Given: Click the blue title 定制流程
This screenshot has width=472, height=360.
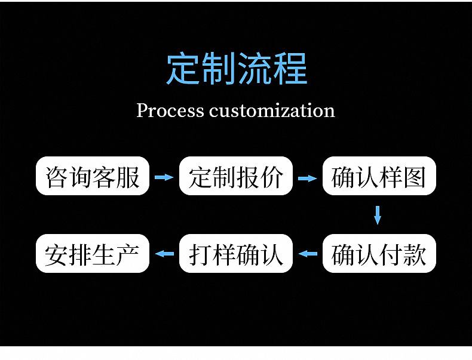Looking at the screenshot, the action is point(237,68).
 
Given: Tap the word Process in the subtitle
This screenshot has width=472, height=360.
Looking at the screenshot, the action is point(170,110).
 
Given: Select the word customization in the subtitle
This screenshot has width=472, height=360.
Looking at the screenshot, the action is point(272,110).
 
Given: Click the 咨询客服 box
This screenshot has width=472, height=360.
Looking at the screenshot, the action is point(93,176).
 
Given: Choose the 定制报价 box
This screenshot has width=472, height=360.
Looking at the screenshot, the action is point(235,176).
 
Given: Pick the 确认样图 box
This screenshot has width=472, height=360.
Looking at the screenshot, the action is point(379,176).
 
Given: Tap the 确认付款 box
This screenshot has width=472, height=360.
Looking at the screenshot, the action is point(379,253).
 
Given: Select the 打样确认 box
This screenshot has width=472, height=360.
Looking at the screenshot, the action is point(235,253).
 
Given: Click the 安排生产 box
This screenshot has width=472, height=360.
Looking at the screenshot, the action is point(93,253).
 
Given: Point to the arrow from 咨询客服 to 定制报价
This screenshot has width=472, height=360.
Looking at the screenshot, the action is point(164,177).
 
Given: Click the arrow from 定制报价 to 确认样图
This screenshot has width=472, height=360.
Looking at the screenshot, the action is point(307,179).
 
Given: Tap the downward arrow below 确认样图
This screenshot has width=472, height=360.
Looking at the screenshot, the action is point(378,215).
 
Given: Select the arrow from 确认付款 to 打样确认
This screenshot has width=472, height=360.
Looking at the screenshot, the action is point(308,254).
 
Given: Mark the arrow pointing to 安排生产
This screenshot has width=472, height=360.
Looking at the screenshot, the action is point(164,254).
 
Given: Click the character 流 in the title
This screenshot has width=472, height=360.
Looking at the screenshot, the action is point(255,68).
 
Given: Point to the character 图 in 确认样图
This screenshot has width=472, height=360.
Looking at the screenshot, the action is point(415,177).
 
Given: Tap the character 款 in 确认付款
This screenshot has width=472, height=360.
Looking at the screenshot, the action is point(415,254).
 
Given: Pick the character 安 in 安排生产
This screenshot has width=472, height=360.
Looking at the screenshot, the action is point(57,255).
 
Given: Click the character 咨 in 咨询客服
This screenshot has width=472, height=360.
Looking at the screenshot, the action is point(57,177).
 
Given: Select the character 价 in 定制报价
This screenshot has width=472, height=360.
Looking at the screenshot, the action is point(272,177).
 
